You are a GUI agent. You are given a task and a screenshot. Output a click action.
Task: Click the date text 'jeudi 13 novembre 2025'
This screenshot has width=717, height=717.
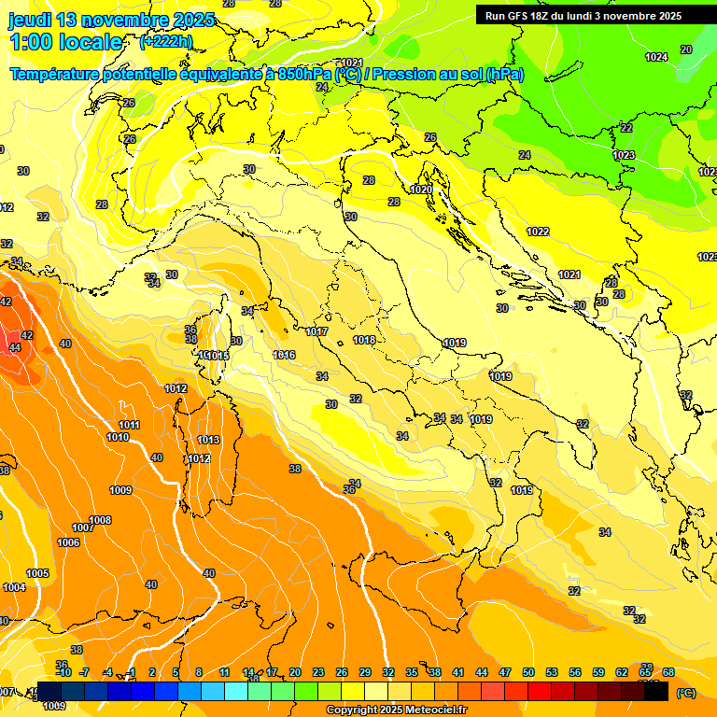111,20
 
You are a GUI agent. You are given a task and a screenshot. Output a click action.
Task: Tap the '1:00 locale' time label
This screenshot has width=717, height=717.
65,42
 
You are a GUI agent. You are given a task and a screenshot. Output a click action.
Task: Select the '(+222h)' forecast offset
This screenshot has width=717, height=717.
165,42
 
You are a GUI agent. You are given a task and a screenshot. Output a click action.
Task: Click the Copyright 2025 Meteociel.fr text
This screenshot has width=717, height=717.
396,710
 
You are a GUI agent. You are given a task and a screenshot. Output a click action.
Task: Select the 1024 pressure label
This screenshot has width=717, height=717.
656,57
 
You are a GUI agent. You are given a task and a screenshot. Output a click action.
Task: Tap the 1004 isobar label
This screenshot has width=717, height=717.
14,587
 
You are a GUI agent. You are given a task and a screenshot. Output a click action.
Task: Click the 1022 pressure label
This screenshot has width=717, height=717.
537,232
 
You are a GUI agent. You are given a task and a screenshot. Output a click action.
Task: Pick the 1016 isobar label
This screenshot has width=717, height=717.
284,356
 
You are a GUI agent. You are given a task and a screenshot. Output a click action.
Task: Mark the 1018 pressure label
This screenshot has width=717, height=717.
364,340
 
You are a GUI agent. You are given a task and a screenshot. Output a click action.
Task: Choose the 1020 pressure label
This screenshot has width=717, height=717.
421,190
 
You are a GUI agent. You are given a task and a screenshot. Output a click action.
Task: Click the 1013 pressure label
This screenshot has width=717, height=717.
208,440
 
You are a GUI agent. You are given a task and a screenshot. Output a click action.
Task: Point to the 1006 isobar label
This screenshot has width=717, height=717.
68,542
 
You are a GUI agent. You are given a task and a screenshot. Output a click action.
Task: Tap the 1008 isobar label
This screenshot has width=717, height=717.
100,520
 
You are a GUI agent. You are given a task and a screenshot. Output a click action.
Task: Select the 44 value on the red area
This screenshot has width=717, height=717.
15,347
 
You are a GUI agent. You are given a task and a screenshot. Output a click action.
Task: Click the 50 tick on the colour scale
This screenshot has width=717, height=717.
528,672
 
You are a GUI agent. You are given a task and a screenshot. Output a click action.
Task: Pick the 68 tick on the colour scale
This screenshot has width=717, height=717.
668,672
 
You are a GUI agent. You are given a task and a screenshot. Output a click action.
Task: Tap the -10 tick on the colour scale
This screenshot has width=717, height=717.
63,672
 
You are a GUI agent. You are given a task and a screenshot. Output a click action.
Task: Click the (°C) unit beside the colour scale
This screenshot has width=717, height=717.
685,693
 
